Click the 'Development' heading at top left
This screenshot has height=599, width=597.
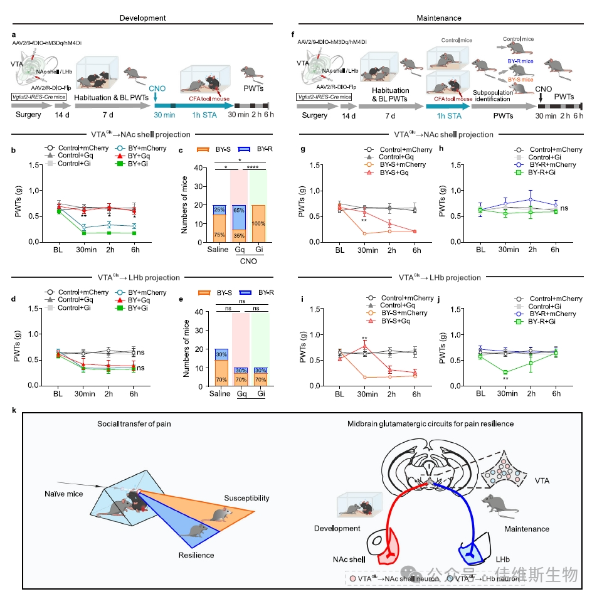[143, 18]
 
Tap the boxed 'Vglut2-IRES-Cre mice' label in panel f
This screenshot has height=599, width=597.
[325, 97]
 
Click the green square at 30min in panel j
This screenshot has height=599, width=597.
[505, 373]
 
